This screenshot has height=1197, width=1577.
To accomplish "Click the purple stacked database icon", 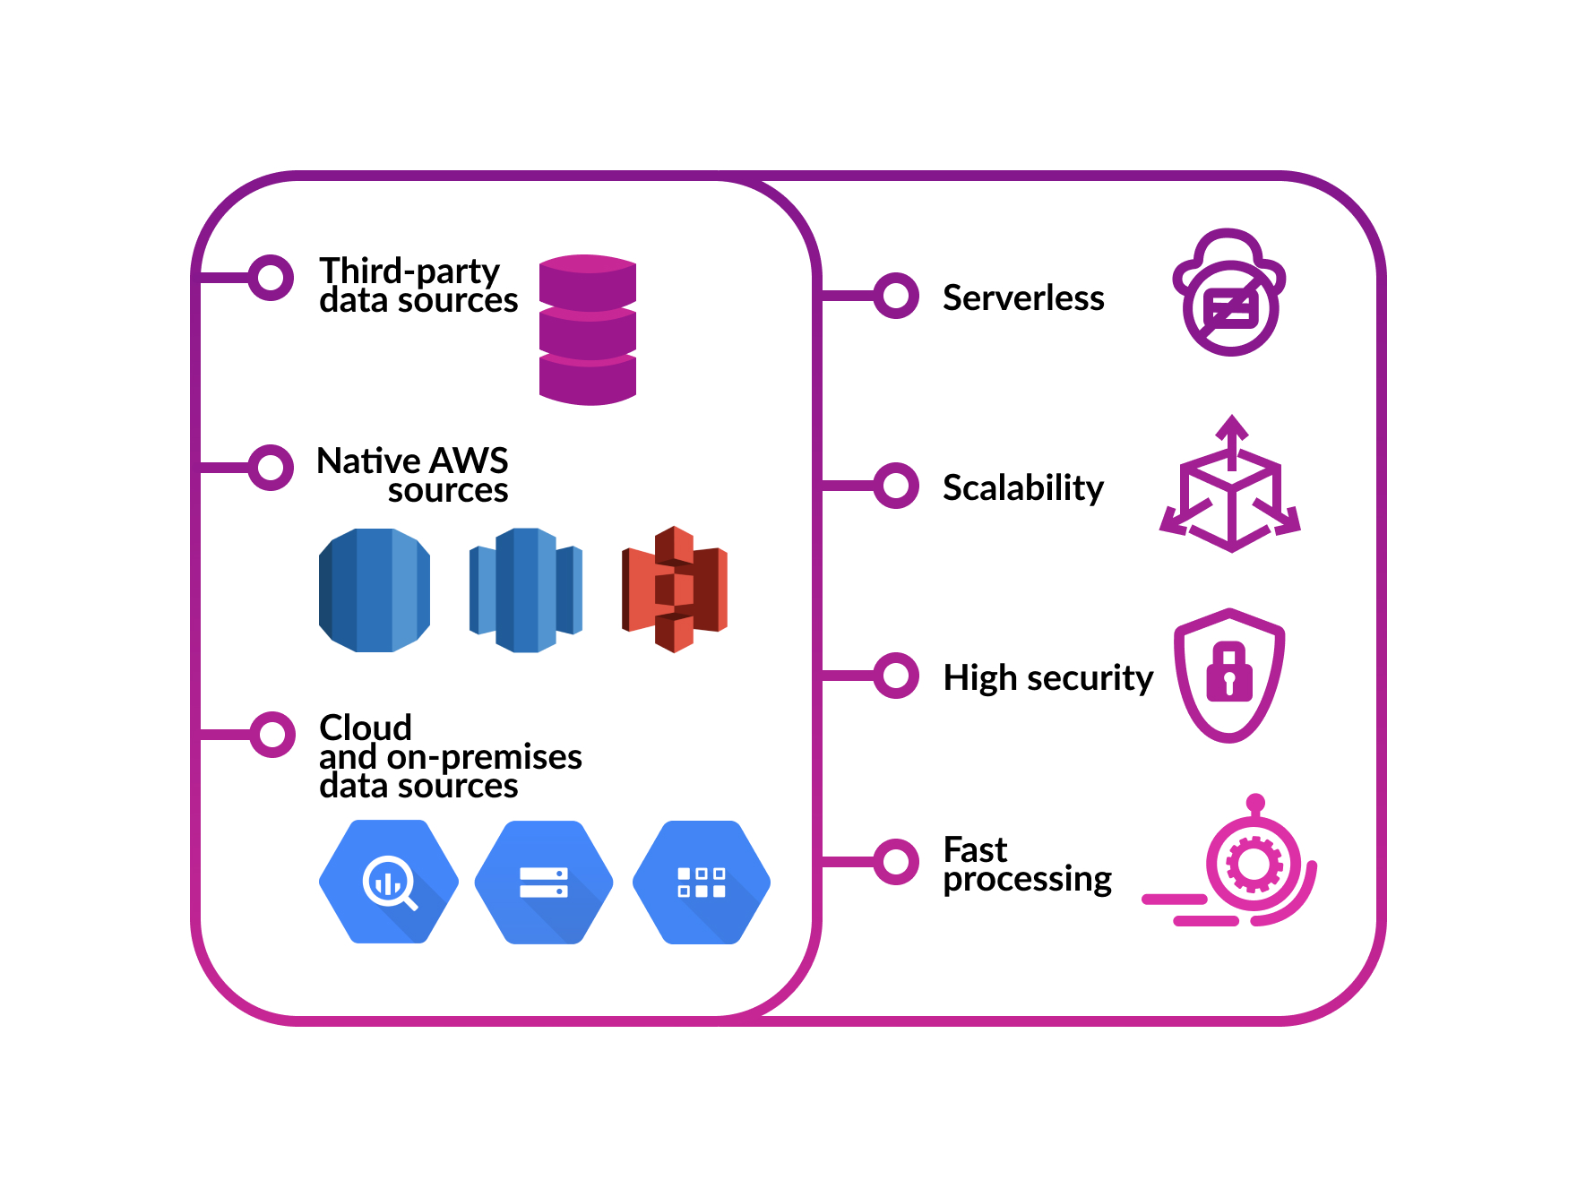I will (x=588, y=330).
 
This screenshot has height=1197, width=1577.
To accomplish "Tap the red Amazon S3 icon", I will (x=675, y=590).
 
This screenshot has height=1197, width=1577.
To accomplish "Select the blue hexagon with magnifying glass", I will (x=389, y=883).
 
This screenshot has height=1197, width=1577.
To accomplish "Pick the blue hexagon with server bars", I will (x=544, y=883).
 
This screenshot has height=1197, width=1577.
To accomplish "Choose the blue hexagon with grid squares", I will (x=702, y=883).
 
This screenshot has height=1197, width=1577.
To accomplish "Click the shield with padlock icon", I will (x=1229, y=676).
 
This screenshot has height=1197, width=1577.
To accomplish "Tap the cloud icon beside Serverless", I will (x=1229, y=292).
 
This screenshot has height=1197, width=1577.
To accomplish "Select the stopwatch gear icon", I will (x=1254, y=864).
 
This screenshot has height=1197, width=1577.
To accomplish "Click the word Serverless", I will (x=1023, y=297).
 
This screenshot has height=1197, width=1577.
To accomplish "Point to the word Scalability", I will (x=1023, y=488).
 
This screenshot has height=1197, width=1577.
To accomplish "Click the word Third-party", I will (x=409, y=271).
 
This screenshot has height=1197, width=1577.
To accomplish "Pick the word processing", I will (x=1028, y=880).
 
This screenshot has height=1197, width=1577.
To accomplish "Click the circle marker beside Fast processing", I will (x=895, y=862).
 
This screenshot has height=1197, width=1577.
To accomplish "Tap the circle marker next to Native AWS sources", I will (x=271, y=468).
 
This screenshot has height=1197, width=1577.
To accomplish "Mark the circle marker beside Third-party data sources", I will (x=271, y=278).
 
